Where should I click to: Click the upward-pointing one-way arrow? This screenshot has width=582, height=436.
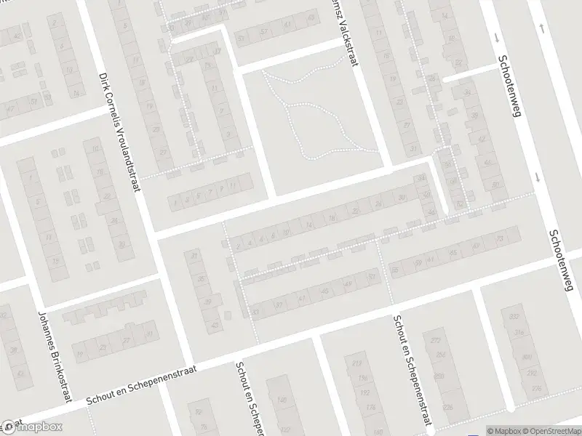pyautogui.click(x=542, y=28)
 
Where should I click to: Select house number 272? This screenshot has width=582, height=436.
pyautogui.click(x=436, y=341)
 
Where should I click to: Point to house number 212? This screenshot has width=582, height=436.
pyautogui.click(x=356, y=363)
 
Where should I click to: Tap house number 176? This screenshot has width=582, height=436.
pyautogui.click(x=370, y=408)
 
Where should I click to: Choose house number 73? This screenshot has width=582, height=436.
pyautogui.click(x=499, y=238)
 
